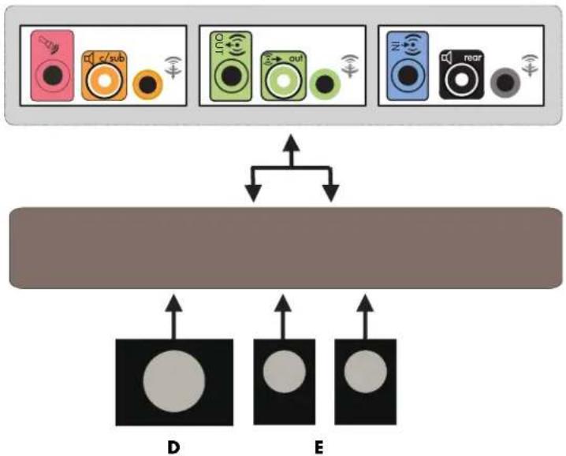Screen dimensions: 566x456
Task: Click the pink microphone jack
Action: point(52,65)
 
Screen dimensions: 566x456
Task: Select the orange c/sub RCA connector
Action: point(104,76)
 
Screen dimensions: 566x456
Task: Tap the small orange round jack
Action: point(147,85)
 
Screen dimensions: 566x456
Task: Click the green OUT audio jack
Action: point(231,66)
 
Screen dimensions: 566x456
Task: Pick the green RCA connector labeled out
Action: point(283,76)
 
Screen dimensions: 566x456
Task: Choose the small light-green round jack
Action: point(325,84)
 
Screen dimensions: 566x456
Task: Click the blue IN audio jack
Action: point(408,65)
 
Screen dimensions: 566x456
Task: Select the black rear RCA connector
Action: point(462,74)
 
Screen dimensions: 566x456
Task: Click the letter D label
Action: point(173,447)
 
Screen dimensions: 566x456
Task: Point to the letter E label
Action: point(318,447)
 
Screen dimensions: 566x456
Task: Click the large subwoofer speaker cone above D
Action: point(174,381)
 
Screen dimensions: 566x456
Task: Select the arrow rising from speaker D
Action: point(173,317)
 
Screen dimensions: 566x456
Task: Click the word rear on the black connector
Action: point(473,57)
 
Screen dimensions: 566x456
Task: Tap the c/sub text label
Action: point(112,57)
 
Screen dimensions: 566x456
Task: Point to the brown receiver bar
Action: point(285,248)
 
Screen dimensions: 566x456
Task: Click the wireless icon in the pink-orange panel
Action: point(173,68)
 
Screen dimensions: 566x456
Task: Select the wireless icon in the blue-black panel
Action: point(530,65)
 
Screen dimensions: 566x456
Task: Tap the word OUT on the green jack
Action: point(218,44)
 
